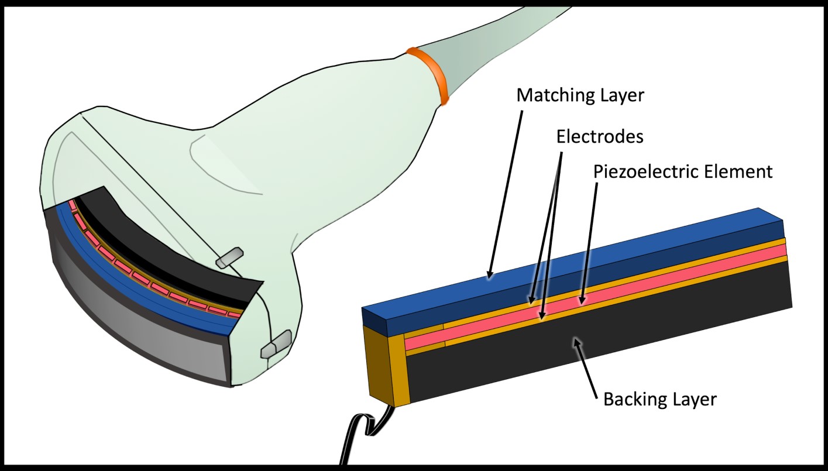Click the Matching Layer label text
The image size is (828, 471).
tap(580, 95)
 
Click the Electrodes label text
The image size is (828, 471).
tap(599, 136)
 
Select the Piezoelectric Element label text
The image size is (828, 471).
tap(683, 172)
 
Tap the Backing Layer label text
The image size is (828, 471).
tap(659, 400)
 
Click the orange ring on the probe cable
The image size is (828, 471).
tap(427, 75)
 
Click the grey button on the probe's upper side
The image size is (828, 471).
tap(229, 258)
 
